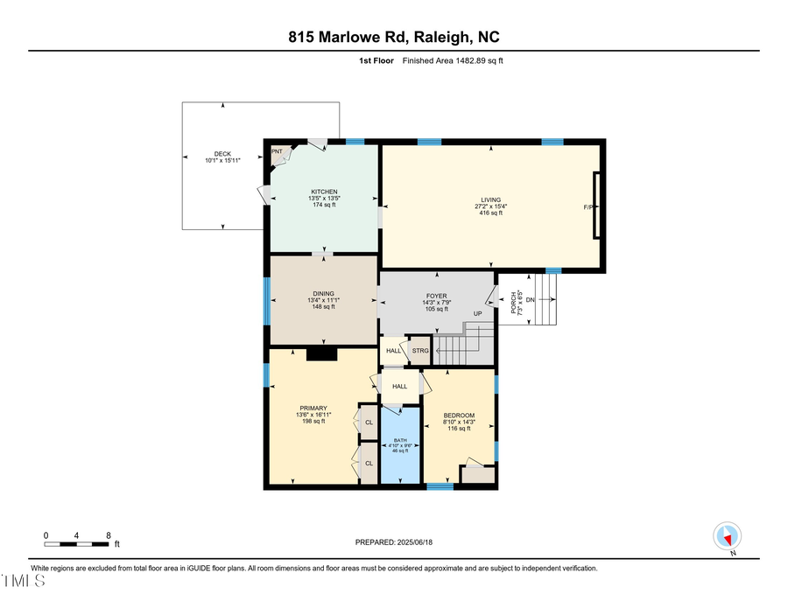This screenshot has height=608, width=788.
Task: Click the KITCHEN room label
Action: pyautogui.click(x=324, y=192)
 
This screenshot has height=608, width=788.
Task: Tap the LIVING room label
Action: pyautogui.click(x=491, y=199)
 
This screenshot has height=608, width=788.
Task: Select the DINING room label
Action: pyautogui.click(x=323, y=294)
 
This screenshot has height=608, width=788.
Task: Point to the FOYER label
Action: pyautogui.click(x=436, y=296)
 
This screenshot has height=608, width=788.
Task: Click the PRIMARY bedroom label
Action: pyautogui.click(x=313, y=409)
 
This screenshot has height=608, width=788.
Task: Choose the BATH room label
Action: pyautogui.click(x=400, y=440)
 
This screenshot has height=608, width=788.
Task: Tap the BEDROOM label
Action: pyautogui.click(x=459, y=416)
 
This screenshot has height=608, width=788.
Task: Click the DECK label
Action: pyautogui.click(x=222, y=154)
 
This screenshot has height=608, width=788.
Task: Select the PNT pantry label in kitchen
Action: pyautogui.click(x=278, y=151)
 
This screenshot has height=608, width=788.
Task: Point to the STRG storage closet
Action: pyautogui.click(x=420, y=351)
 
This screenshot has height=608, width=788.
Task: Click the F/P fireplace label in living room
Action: pyautogui.click(x=588, y=207)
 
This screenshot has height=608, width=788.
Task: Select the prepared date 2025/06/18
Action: pyautogui.click(x=393, y=542)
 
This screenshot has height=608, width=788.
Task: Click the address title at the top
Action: pyautogui.click(x=394, y=37)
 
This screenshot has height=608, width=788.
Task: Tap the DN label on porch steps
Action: pyautogui.click(x=531, y=300)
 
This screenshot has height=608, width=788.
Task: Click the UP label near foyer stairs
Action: pyautogui.click(x=478, y=313)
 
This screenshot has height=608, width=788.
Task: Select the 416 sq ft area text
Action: pyautogui.click(x=491, y=213)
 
